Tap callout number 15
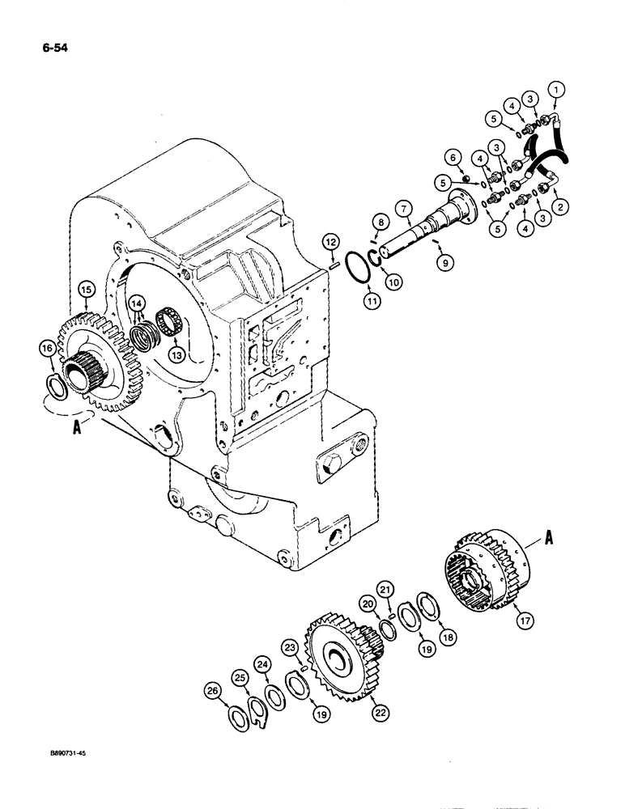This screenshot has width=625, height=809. coord(86,287)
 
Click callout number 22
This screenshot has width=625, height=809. coord(379,711)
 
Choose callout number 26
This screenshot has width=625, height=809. coord(212,692)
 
